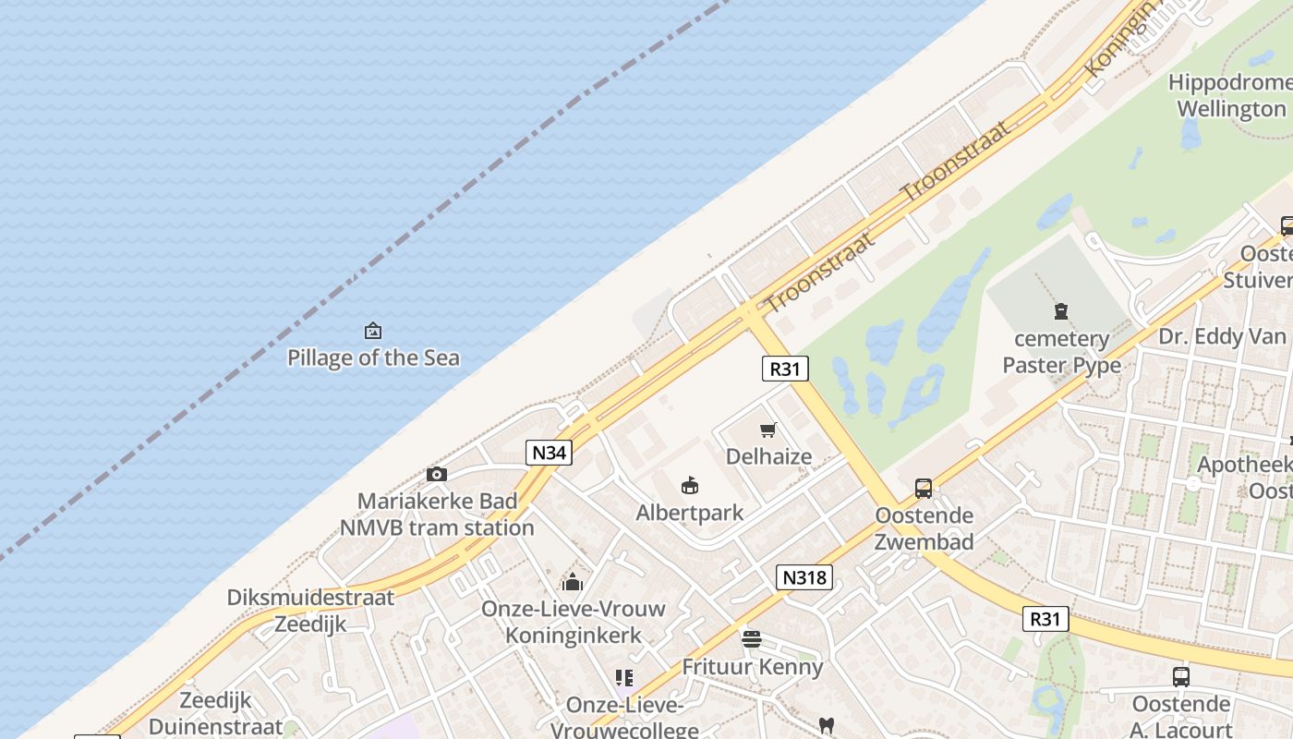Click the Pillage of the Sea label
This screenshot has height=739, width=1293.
point(373,357)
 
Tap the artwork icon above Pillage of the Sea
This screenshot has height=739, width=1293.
point(373,331)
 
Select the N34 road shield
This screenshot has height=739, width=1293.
point(550,453)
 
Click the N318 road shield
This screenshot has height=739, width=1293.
point(804,578)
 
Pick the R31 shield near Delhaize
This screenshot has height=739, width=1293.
point(785,369)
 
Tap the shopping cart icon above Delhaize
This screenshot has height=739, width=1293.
point(767,430)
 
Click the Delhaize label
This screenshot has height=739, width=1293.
point(768,456)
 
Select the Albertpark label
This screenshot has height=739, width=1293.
point(689,513)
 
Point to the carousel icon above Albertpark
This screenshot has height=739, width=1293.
point(689,485)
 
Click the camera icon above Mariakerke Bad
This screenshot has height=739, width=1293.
point(437,474)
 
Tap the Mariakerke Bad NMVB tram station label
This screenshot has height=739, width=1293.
point(437,515)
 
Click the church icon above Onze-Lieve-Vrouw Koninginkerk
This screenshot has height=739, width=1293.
point(573,582)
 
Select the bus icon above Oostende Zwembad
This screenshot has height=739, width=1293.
point(924,489)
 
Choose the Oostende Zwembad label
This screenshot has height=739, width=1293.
point(924,528)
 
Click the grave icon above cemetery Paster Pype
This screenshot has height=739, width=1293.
point(1061,312)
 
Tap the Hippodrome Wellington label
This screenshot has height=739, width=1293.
point(1230,95)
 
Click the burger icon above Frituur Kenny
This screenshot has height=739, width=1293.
point(752,638)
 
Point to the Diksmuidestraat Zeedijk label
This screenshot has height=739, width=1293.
point(310,611)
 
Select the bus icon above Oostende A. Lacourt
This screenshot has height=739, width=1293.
point(1180,676)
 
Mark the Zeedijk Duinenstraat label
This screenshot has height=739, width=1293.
point(216,712)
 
